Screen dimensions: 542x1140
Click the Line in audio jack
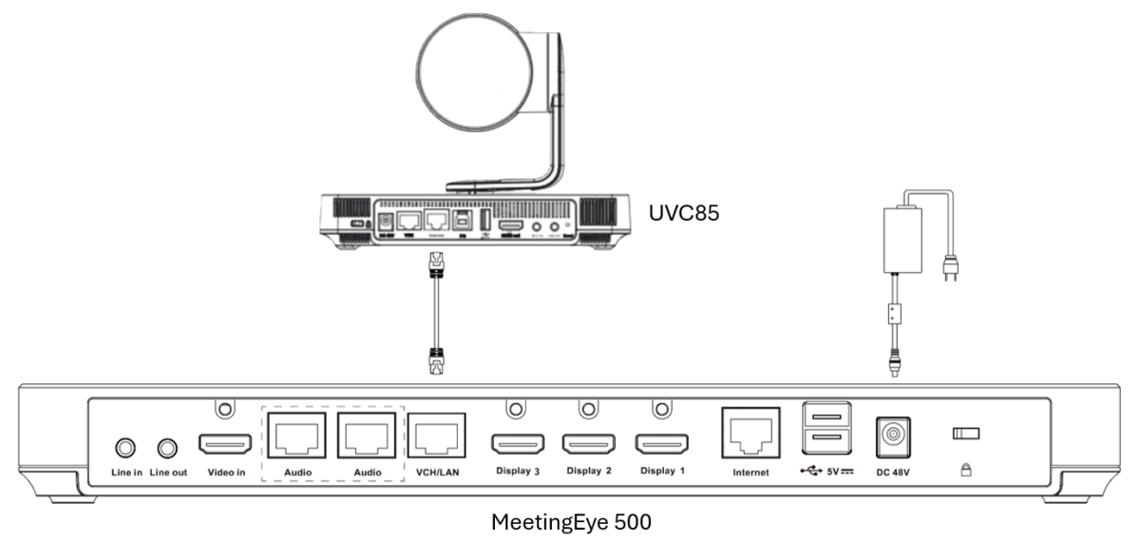[x=123, y=446]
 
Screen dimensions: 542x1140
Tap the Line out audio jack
[x=168, y=446]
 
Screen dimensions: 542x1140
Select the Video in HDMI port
[x=224, y=444]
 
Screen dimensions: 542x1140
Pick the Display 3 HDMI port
[x=517, y=443]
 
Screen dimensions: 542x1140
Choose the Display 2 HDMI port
[x=589, y=443]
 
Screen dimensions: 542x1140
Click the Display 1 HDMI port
[x=662, y=443]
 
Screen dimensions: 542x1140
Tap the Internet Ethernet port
[x=750, y=434]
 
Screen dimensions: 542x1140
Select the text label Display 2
[x=589, y=471]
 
